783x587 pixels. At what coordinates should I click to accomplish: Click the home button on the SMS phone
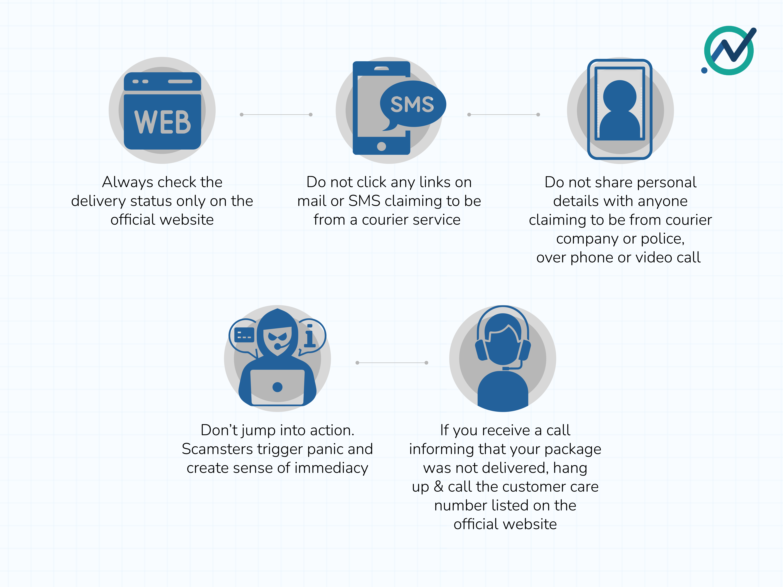tap(381, 146)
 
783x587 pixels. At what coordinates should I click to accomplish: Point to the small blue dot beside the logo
tap(704, 70)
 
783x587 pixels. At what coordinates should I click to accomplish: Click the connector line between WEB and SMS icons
tap(276, 115)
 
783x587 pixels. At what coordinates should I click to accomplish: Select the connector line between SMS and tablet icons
tap(503, 115)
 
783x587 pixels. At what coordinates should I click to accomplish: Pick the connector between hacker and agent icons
tap(392, 363)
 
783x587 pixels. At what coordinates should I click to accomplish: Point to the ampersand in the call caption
tap(439, 486)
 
